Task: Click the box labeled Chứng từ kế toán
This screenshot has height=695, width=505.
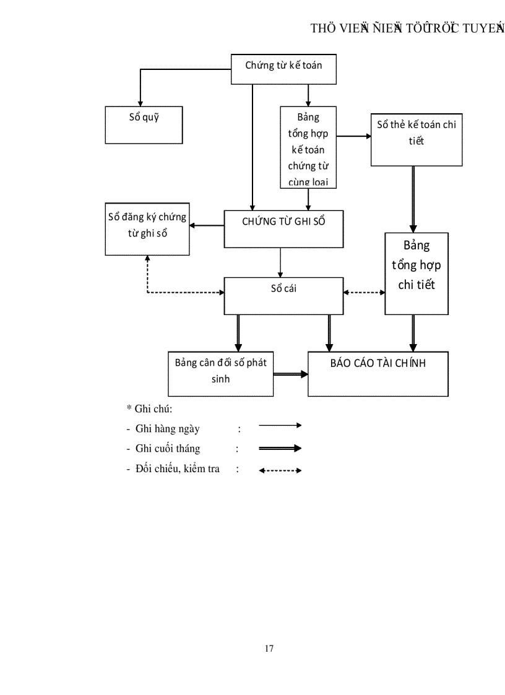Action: [283, 69]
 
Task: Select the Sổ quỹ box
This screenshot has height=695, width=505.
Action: [144, 125]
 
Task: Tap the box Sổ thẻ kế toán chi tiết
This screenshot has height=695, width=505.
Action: [417, 140]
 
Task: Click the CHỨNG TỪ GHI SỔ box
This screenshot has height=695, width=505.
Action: [283, 229]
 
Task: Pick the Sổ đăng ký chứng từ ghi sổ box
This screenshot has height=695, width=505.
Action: [147, 229]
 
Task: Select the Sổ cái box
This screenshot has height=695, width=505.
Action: [283, 296]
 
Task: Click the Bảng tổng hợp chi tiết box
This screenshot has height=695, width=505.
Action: [417, 274]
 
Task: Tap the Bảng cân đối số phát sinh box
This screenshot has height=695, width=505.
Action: [220, 374]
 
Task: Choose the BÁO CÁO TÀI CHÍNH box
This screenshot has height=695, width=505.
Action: [378, 374]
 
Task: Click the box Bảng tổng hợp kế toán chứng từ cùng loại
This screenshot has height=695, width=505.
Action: [308, 147]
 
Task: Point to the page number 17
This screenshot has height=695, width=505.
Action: [269, 649]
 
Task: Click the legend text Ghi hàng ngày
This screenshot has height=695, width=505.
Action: [167, 429]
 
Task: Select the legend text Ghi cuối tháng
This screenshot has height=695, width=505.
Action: [167, 449]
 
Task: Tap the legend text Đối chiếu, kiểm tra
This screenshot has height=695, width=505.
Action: [177, 468]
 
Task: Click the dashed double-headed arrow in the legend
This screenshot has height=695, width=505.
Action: [280, 470]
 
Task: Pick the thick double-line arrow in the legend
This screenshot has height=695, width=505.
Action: [280, 449]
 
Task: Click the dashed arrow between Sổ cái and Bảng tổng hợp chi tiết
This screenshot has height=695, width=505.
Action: [364, 292]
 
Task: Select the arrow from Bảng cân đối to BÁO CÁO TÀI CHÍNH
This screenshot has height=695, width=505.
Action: [291, 374]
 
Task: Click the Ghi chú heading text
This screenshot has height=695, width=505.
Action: [149, 408]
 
